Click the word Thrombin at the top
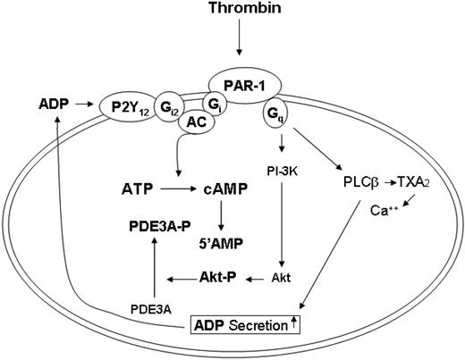tap(238, 10)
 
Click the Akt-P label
tap(217, 278)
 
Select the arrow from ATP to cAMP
tap(179, 190)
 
